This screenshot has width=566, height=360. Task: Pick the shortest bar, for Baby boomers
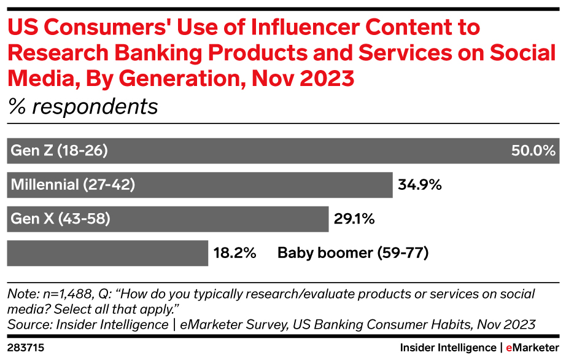(x=107, y=252)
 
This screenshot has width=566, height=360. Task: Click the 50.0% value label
(x=533, y=151)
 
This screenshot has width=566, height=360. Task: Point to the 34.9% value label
(x=421, y=185)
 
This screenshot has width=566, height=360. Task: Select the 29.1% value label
(x=354, y=219)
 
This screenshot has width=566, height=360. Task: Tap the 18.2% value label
(x=235, y=252)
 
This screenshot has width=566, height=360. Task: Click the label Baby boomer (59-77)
(x=352, y=252)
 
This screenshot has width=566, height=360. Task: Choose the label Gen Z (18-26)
(x=58, y=151)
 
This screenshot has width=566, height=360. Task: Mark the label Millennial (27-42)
(x=73, y=185)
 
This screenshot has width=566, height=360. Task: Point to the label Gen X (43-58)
(x=60, y=219)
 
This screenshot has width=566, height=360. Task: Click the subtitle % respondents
(x=82, y=107)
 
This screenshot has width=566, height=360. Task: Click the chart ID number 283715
(x=26, y=348)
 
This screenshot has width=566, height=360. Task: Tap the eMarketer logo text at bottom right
(x=532, y=348)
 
